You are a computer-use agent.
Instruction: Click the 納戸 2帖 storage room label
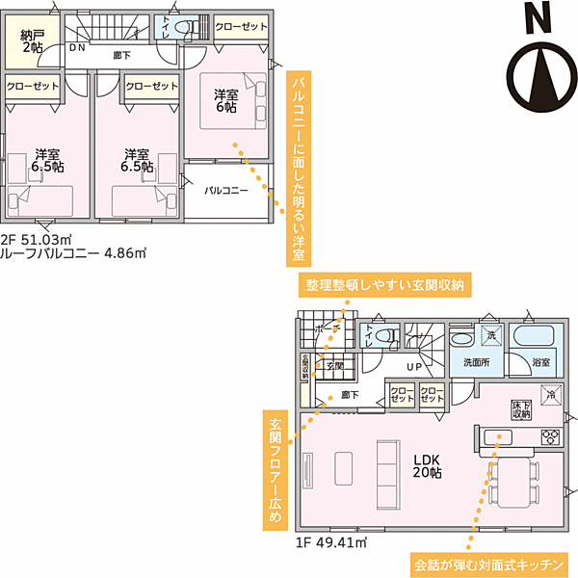pyautogui.click(x=32, y=39)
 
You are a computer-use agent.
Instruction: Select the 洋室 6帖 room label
pyautogui.click(x=226, y=102)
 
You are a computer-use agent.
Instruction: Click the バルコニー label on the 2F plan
pyautogui.click(x=226, y=191)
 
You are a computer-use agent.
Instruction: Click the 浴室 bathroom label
pyautogui.click(x=541, y=362)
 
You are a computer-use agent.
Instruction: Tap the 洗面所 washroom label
pyautogui.click(x=477, y=362)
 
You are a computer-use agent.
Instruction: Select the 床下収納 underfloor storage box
pyautogui.click(x=521, y=410)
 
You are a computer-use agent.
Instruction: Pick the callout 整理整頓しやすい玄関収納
pyautogui.click(x=385, y=285)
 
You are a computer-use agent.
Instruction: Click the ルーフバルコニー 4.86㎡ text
pyautogui.click(x=73, y=255)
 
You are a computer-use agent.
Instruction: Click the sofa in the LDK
pyautogui.click(x=387, y=467)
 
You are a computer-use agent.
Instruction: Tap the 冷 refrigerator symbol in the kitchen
pyautogui.click(x=550, y=396)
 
